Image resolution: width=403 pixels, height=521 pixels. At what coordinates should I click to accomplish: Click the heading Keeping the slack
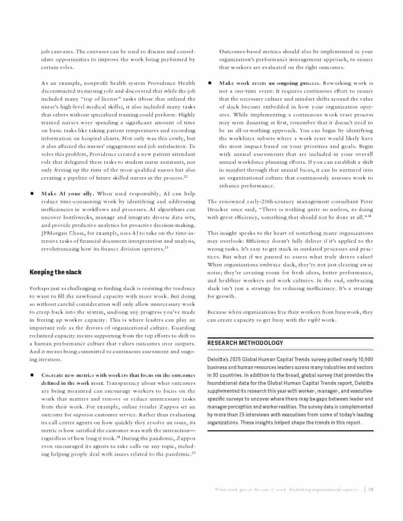click(x=55, y=272)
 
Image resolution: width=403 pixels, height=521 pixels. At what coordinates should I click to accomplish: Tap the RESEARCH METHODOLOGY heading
click(x=245, y=343)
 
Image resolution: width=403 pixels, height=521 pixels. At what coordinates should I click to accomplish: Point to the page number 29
click(x=371, y=489)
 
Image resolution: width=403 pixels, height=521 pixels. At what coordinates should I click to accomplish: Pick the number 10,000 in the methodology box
click(x=365, y=359)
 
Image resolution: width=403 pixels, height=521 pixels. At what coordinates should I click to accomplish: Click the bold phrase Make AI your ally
click(x=68, y=193)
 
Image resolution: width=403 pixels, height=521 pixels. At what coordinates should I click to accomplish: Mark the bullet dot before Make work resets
click(x=210, y=83)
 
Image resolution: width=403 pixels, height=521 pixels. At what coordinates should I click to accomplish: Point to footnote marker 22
click(x=185, y=177)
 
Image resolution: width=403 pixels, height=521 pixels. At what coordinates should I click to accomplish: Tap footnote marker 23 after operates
click(x=166, y=248)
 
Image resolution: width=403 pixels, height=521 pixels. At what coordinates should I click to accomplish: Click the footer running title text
click(x=286, y=489)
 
